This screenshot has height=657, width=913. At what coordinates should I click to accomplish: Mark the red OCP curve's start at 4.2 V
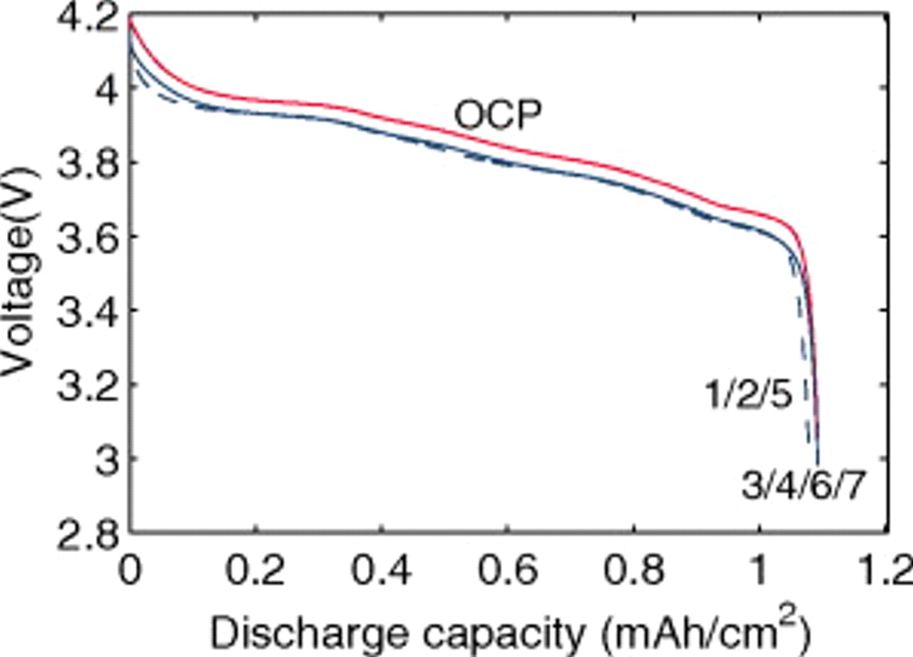(x=131, y=19)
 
